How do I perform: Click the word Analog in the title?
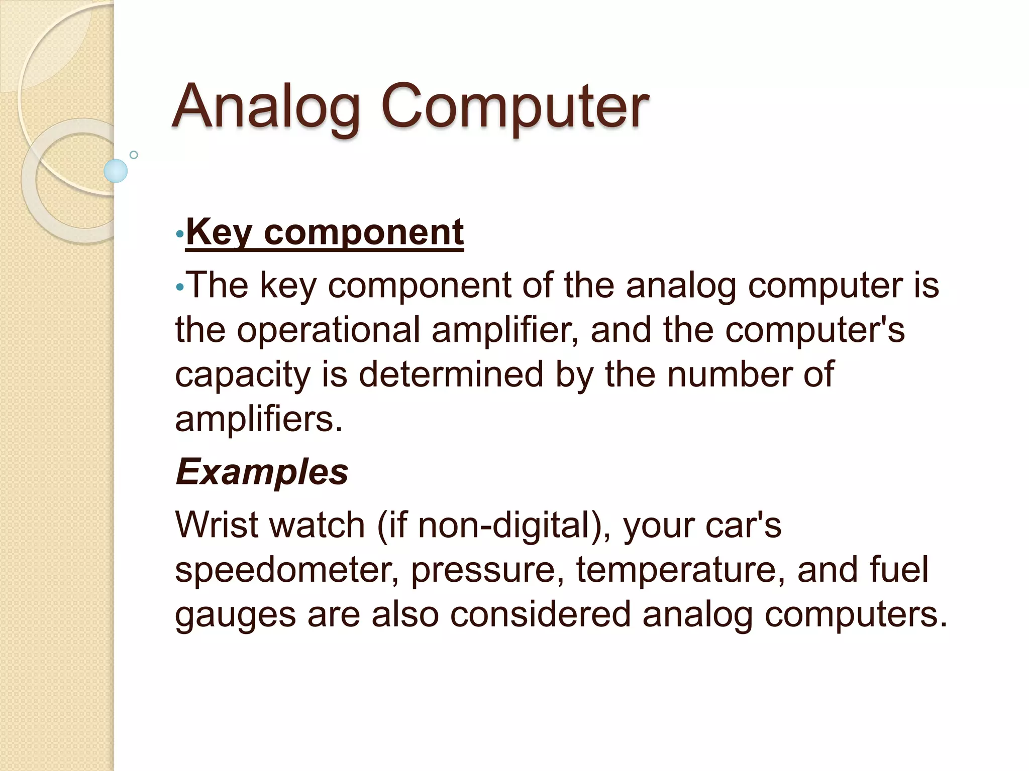tap(266, 106)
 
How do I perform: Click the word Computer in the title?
tap(514, 106)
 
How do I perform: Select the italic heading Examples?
tap(262, 472)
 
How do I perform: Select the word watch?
tap(317, 525)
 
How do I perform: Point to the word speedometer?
tap(286, 570)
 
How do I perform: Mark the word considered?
tap(540, 614)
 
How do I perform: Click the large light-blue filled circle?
tap(116, 171)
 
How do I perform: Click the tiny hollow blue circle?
tap(134, 155)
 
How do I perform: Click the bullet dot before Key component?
tap(180, 234)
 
